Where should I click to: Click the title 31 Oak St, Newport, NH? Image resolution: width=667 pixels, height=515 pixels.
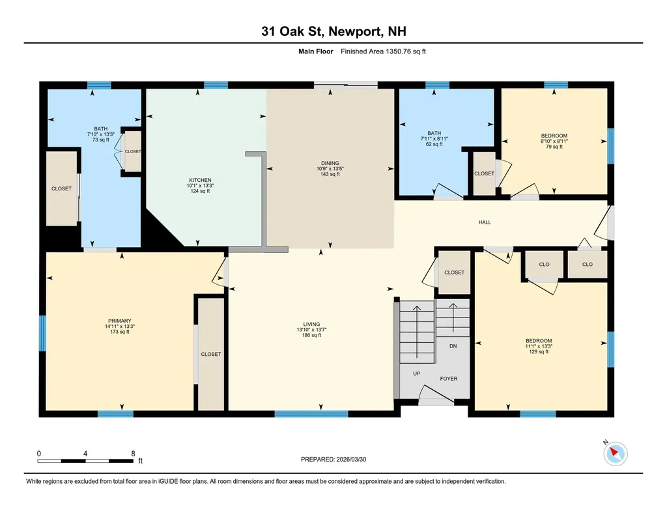[x=333, y=31]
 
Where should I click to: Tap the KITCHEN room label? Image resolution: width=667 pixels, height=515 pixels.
[x=200, y=180]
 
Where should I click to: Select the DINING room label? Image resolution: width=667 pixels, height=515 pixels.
[x=330, y=163]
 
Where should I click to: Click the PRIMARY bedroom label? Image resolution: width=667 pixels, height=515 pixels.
[x=119, y=321]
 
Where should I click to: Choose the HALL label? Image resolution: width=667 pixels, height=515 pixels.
[x=485, y=222]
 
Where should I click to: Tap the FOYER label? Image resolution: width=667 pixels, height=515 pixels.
[x=449, y=378]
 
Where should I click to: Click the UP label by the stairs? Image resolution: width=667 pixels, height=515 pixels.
[x=416, y=374]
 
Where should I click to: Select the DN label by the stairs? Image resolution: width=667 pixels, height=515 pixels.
[x=453, y=346]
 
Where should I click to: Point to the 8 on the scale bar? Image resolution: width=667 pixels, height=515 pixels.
[x=133, y=453]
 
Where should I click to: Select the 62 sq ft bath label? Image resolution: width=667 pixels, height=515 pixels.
[x=434, y=144]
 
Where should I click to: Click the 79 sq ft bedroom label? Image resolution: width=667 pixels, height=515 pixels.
[x=554, y=147]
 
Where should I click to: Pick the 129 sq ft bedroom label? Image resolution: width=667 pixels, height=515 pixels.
[x=539, y=351]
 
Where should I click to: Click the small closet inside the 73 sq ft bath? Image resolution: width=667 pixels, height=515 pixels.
[x=133, y=151]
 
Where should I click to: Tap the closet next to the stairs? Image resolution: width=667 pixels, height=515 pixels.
[x=454, y=272]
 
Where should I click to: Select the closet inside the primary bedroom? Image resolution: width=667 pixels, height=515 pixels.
[x=210, y=354]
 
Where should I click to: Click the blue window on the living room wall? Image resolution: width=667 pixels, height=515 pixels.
[x=297, y=413]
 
